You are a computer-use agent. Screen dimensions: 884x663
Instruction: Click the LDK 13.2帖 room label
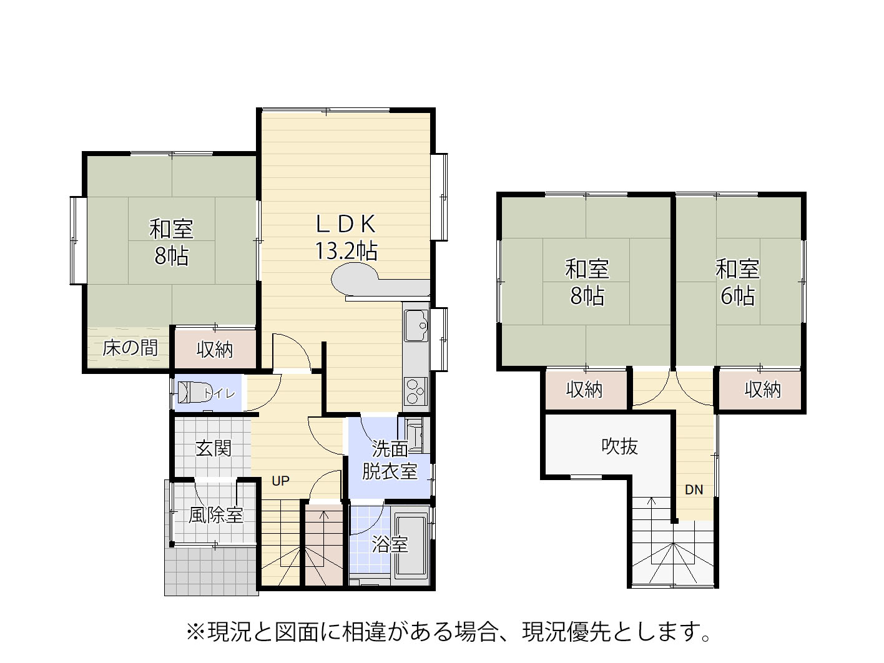click(x=346, y=237)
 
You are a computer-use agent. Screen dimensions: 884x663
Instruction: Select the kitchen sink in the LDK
click(x=416, y=326)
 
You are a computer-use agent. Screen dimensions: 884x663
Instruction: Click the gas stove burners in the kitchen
click(x=416, y=390)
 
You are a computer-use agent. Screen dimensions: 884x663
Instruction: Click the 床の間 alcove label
click(x=130, y=348)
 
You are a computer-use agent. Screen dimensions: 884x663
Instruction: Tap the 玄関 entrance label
click(x=214, y=448)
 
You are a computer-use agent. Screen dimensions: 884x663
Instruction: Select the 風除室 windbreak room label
click(x=216, y=515)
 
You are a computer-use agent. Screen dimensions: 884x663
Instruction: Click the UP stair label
click(x=280, y=481)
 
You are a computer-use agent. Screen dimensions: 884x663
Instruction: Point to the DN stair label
click(x=694, y=489)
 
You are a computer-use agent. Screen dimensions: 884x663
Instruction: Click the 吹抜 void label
click(x=620, y=446)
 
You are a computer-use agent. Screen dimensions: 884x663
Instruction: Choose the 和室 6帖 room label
click(x=738, y=282)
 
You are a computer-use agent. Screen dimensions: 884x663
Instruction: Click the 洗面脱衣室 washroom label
click(x=390, y=460)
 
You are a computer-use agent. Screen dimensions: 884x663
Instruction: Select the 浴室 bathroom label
click(x=390, y=544)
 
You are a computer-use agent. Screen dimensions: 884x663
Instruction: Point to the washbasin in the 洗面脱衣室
click(x=414, y=435)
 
